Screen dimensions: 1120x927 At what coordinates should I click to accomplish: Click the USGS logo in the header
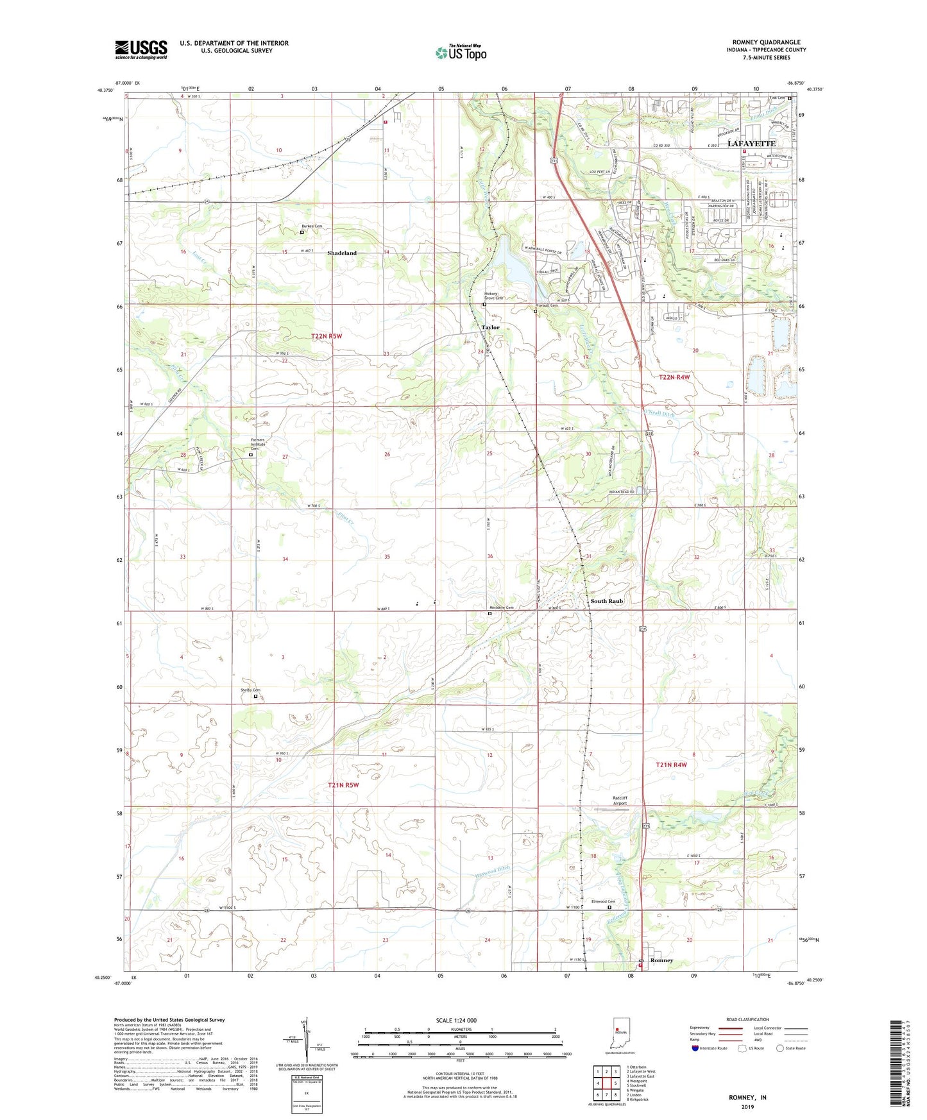click(140, 49)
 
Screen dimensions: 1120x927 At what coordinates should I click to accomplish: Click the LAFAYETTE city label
click(751, 144)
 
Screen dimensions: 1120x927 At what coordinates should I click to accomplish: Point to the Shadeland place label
click(342, 253)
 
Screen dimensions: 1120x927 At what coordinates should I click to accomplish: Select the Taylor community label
click(490, 327)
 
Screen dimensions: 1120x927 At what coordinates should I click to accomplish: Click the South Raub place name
click(606, 601)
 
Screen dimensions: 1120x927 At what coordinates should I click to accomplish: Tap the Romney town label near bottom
click(661, 960)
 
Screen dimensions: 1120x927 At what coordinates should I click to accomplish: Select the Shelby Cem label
click(250, 690)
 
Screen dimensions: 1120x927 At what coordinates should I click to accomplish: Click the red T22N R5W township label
click(327, 336)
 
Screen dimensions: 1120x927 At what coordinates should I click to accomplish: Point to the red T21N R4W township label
click(671, 765)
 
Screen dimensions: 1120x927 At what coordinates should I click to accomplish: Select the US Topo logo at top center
click(460, 53)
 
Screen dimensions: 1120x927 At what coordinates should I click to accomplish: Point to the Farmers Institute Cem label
click(258, 444)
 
